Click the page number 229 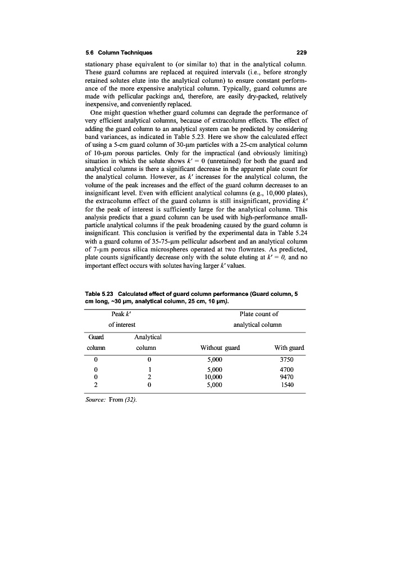pyautogui.click(x=300, y=53)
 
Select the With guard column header pyautogui.click(x=289, y=348)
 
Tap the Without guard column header pyautogui.click(x=220, y=348)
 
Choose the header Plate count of pyautogui.click(x=258, y=314)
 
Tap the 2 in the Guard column pyautogui.click(x=97, y=385)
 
